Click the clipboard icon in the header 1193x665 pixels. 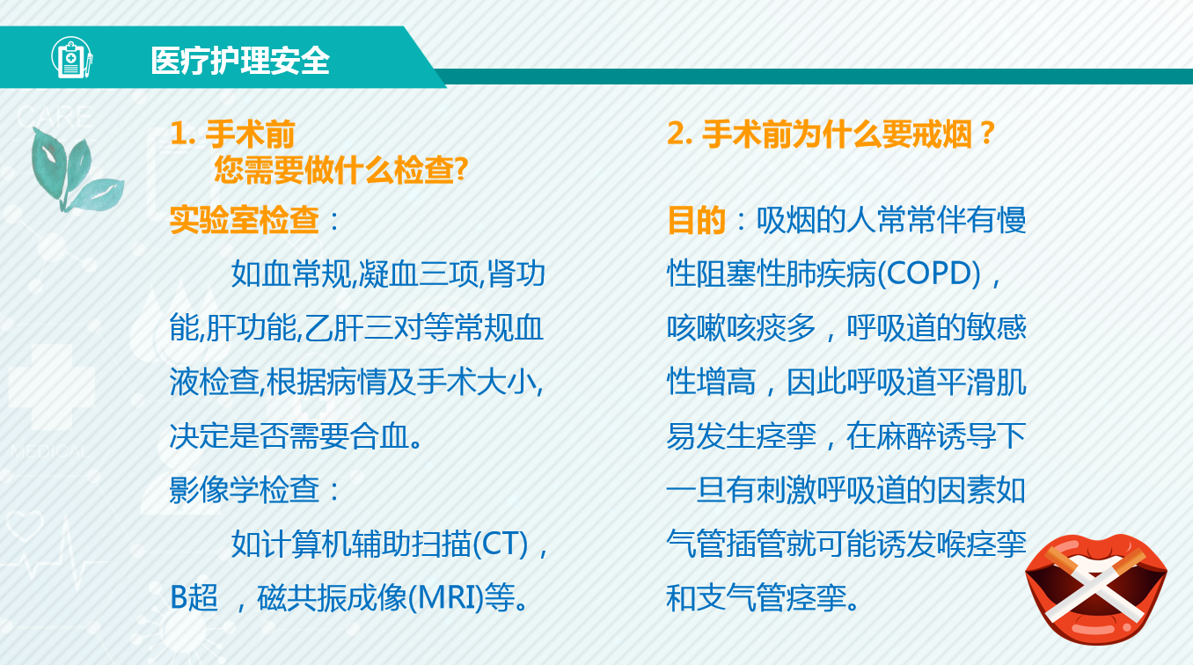[72, 57]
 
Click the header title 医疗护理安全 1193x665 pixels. [240, 61]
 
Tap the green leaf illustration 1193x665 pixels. [75, 170]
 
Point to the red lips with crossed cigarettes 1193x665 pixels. [1096, 588]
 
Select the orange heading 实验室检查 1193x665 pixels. [245, 219]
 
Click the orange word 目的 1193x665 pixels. [696, 219]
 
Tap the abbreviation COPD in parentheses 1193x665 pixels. [929, 274]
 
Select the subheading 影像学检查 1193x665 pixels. [245, 490]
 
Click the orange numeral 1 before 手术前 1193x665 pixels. [179, 133]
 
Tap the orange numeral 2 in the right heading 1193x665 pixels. [677, 133]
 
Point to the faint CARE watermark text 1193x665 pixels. [55, 117]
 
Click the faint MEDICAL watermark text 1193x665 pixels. [50, 452]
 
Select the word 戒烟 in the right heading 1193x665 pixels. [942, 133]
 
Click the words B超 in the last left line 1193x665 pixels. [194, 598]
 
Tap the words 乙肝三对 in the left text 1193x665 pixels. [363, 328]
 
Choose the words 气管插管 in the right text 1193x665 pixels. [726, 544]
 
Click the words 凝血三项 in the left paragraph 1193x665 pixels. [419, 274]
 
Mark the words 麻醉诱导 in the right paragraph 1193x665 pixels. [936, 436]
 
